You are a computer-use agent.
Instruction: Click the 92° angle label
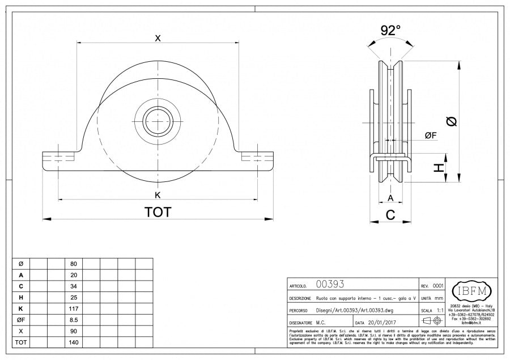390,31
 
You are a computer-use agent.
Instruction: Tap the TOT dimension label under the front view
158,211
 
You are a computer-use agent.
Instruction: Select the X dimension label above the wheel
158,38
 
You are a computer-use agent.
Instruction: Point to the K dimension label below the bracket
158,195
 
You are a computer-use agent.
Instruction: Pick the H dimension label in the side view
437,168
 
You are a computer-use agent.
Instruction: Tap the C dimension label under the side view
390,214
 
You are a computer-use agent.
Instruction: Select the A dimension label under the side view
390,197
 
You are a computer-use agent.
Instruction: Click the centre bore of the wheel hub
158,120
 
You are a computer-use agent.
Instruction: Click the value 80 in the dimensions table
73,264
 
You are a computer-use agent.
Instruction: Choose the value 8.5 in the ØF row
73,319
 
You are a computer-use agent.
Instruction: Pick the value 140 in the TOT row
73,342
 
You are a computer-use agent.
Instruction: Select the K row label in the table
21,308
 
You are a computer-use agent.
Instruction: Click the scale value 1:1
440,311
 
